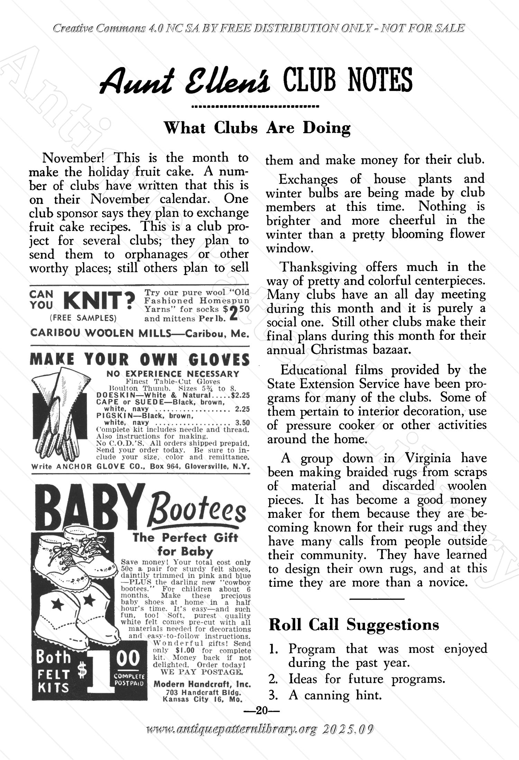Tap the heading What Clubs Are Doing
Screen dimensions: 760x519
257,128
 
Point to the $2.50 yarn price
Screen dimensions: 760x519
236,312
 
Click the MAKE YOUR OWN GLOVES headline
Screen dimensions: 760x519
139,360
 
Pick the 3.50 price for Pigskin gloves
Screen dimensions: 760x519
242,423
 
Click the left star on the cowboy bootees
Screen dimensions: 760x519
56,604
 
